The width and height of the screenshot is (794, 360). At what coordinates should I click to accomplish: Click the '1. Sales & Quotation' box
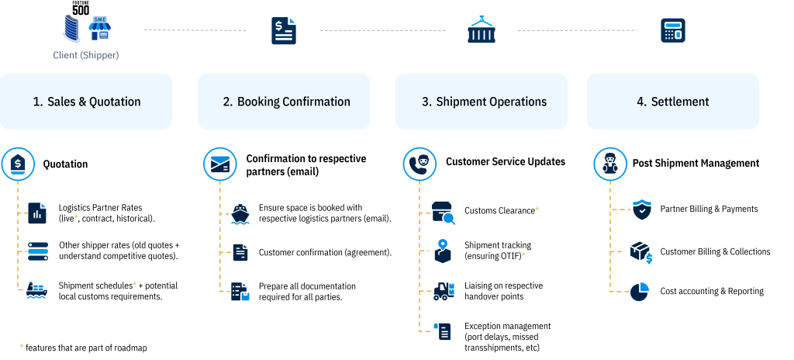(x=86, y=102)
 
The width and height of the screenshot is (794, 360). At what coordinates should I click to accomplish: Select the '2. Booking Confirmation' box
(x=284, y=102)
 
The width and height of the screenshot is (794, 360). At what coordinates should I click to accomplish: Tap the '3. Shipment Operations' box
(x=482, y=102)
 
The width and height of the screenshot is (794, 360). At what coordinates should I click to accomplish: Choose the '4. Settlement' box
(x=672, y=102)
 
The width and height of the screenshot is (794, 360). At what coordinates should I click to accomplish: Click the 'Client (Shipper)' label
(x=86, y=56)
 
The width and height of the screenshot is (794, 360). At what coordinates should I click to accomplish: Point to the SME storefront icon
(x=99, y=29)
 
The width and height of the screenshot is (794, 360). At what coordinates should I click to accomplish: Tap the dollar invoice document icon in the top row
(x=283, y=31)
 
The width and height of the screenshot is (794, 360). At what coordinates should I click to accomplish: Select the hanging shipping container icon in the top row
(x=481, y=30)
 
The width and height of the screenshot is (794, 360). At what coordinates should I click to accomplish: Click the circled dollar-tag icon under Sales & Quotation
(x=17, y=164)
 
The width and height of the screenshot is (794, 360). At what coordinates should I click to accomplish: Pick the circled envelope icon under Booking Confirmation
(x=219, y=164)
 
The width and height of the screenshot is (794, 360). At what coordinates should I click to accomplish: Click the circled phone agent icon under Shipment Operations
(x=419, y=164)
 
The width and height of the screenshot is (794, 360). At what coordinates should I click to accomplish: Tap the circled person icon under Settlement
(x=610, y=164)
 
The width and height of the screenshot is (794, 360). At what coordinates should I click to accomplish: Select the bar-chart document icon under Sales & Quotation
(x=37, y=213)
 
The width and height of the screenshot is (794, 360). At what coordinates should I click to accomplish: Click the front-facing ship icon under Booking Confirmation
(x=240, y=214)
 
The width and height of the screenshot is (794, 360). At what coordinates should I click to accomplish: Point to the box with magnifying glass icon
(x=444, y=213)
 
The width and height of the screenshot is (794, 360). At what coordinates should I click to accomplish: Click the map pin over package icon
(x=443, y=251)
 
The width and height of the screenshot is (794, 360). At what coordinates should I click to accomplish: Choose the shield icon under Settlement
(x=643, y=209)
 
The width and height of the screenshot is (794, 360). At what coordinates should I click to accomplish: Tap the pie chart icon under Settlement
(x=640, y=291)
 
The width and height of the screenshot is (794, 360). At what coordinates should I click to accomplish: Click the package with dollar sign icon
(x=640, y=252)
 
